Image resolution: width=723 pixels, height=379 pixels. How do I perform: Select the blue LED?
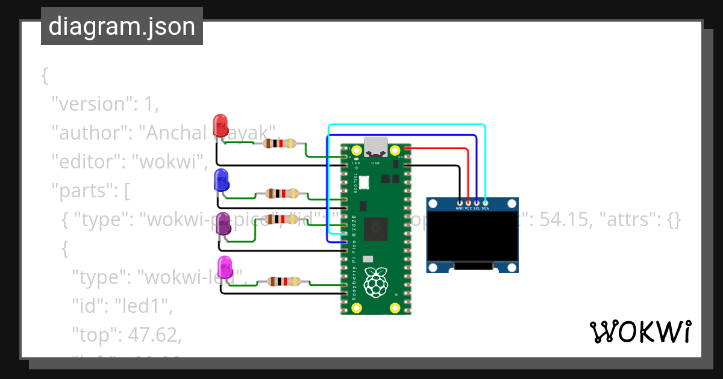(x=221, y=180)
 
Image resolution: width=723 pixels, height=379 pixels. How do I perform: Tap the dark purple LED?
(x=223, y=223)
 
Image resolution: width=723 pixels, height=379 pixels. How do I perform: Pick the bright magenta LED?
(x=225, y=267)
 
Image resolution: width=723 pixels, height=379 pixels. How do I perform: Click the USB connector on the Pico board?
(x=376, y=146)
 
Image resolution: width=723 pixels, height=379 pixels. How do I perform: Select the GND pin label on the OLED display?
(x=460, y=208)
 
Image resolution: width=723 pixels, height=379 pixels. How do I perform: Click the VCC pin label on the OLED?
(x=469, y=208)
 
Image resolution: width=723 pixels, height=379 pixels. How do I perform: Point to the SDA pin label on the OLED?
(x=485, y=208)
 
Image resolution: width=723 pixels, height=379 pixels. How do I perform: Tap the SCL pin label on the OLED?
(x=477, y=208)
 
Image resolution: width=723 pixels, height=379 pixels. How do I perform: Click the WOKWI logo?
(x=640, y=332)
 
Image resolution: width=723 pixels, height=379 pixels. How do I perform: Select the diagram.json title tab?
(x=122, y=27)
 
